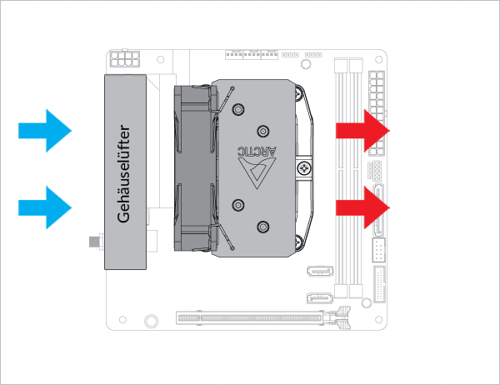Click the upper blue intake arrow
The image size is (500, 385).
pos(46,130)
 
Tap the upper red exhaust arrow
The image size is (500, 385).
pos(363,130)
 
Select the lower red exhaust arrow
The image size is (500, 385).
pos(363,207)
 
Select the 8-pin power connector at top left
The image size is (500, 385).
pos(124,61)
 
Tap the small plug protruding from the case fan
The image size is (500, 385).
pos(93,243)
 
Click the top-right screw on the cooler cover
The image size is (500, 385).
pos(263,129)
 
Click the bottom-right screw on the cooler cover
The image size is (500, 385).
pos(263,225)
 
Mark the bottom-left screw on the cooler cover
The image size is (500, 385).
pos(238,206)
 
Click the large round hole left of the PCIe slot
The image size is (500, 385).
pos(150,320)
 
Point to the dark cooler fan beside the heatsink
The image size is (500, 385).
pos(193,167)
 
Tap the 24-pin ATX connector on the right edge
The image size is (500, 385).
pos(374,112)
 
